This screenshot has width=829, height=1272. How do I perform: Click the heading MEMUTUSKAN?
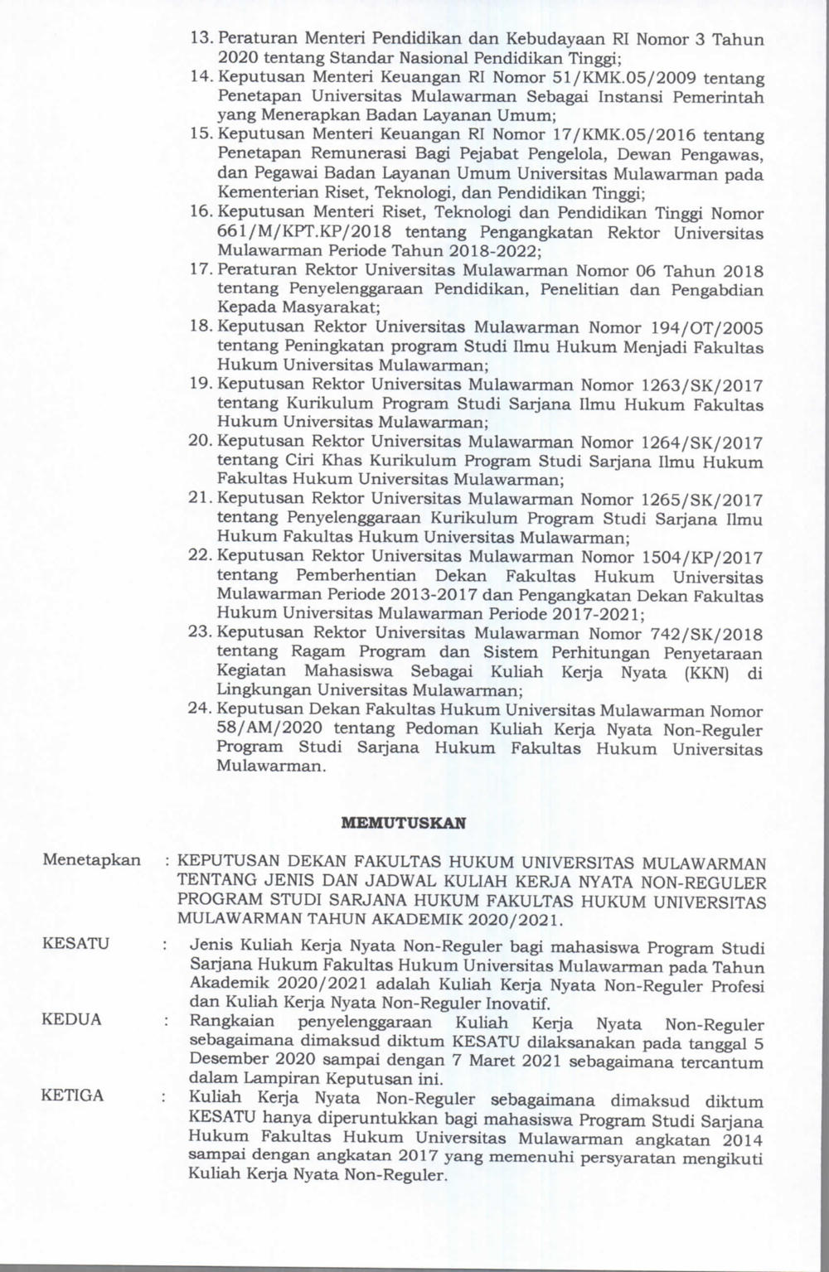pos(404,824)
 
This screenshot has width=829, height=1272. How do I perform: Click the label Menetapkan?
pos(91,859)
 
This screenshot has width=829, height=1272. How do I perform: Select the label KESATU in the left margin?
pos(75,944)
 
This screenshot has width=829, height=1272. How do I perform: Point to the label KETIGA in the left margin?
pos(73,1095)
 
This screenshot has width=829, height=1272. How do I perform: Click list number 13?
pos(201,39)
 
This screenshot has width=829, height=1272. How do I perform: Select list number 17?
pos(201,270)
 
